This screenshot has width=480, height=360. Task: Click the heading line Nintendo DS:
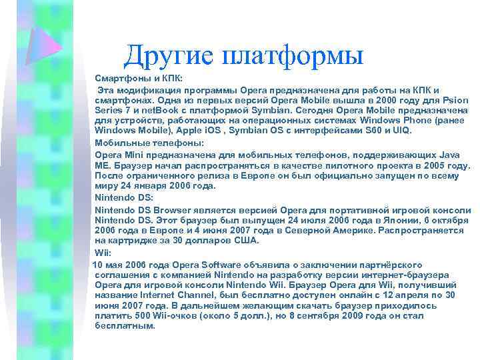pyautogui.click(x=125, y=197)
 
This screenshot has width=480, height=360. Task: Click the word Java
pyautogui.click(x=451, y=154)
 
